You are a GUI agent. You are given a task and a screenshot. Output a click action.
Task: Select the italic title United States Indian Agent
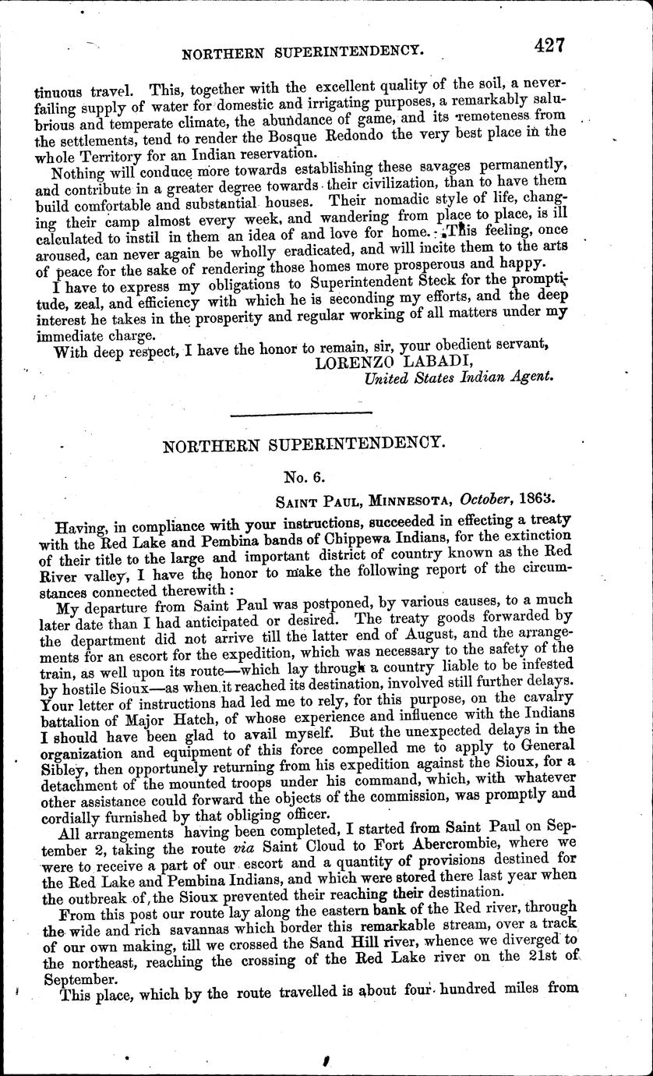click(460, 377)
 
